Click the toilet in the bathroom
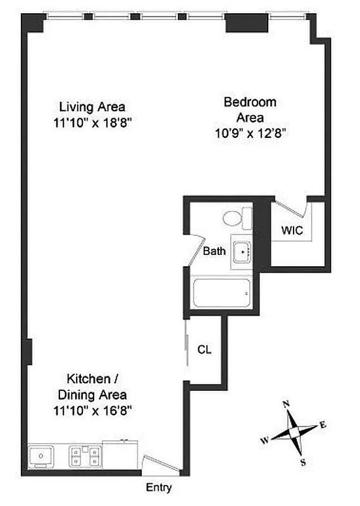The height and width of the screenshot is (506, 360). coord(236,219)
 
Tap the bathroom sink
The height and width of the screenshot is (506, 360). coord(242,252)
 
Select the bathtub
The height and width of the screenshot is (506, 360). coord(221,293)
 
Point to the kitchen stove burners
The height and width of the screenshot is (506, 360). coord(84,456)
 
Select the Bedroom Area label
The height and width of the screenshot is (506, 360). coord(249,109)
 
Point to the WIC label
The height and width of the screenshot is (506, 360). coord(292,231)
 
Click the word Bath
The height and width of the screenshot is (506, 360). coord(214,251)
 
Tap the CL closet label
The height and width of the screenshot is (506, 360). coord(204,349)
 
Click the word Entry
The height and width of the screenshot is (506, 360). coord(159,488)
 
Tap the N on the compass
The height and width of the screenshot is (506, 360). coord(285,404)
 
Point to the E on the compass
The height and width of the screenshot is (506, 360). coord(323,425)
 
